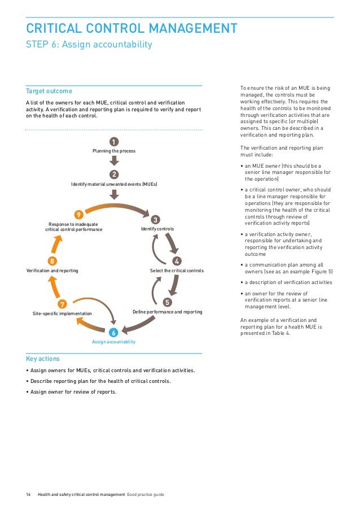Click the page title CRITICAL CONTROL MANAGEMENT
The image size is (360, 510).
(131, 28)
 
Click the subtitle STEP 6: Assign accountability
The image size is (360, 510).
(89, 45)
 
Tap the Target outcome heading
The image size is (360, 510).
(49, 91)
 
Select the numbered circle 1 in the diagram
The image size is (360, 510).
(114, 141)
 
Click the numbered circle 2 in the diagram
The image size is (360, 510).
(114, 174)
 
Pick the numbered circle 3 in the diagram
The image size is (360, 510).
(156, 219)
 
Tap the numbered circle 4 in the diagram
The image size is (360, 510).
(177, 261)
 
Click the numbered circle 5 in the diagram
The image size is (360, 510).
(167, 302)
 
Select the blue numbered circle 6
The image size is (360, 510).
(113, 332)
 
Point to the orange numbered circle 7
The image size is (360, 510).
(63, 304)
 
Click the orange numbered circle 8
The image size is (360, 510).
(52, 261)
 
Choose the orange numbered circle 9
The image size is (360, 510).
(79, 214)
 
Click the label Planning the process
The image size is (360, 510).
(114, 151)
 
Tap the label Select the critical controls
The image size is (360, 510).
(177, 271)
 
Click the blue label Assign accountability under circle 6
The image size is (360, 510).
(113, 342)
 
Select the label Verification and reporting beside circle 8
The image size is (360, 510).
(52, 271)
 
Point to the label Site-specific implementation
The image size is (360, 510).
(62, 313)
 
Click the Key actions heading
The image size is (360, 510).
(43, 359)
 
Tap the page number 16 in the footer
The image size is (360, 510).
(28, 495)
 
